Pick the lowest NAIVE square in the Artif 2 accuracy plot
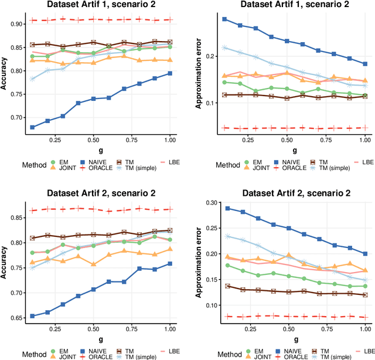(33, 316)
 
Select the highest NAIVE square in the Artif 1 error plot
(225, 19)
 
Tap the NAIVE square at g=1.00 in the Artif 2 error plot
(364, 254)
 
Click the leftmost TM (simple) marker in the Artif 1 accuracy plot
(33, 79)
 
